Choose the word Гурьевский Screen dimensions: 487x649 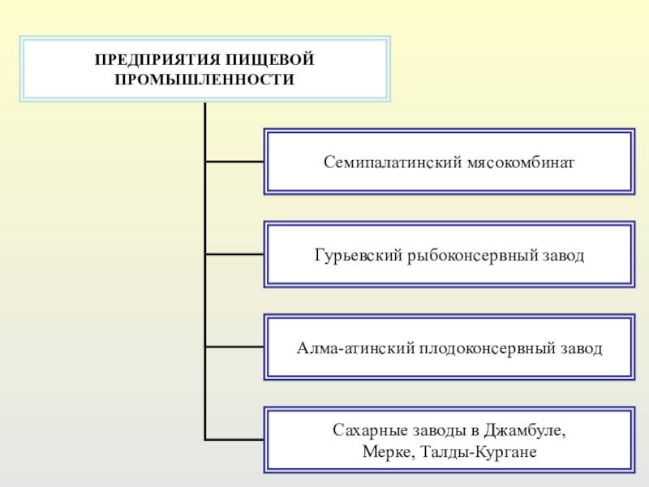(x=353, y=256)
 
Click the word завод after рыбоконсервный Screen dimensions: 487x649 (x=564, y=256)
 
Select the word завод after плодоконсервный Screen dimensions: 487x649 (x=582, y=349)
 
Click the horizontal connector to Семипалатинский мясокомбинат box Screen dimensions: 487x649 (x=234, y=162)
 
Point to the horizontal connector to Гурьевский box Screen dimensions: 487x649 (x=234, y=255)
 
